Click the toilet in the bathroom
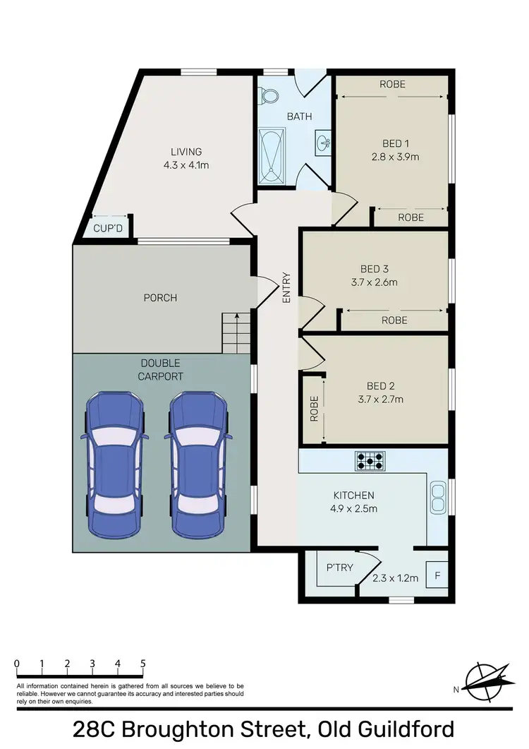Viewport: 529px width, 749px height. [268, 95]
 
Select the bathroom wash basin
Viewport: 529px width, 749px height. [323, 143]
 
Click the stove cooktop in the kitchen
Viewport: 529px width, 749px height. [371, 461]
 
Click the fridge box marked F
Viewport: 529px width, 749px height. [437, 575]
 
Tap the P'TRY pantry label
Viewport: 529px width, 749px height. [339, 568]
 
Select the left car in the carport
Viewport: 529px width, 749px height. [114, 462]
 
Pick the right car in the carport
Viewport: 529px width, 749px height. [197, 462]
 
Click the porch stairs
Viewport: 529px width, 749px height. [236, 332]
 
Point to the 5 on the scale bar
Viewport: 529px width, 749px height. [143, 664]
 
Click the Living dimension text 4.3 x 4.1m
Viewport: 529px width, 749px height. [186, 165]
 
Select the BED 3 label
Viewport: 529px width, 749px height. [375, 269]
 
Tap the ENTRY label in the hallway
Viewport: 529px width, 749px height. [287, 288]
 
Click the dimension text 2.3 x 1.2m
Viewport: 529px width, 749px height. [396, 578]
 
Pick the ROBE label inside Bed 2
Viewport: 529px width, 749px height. [314, 409]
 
